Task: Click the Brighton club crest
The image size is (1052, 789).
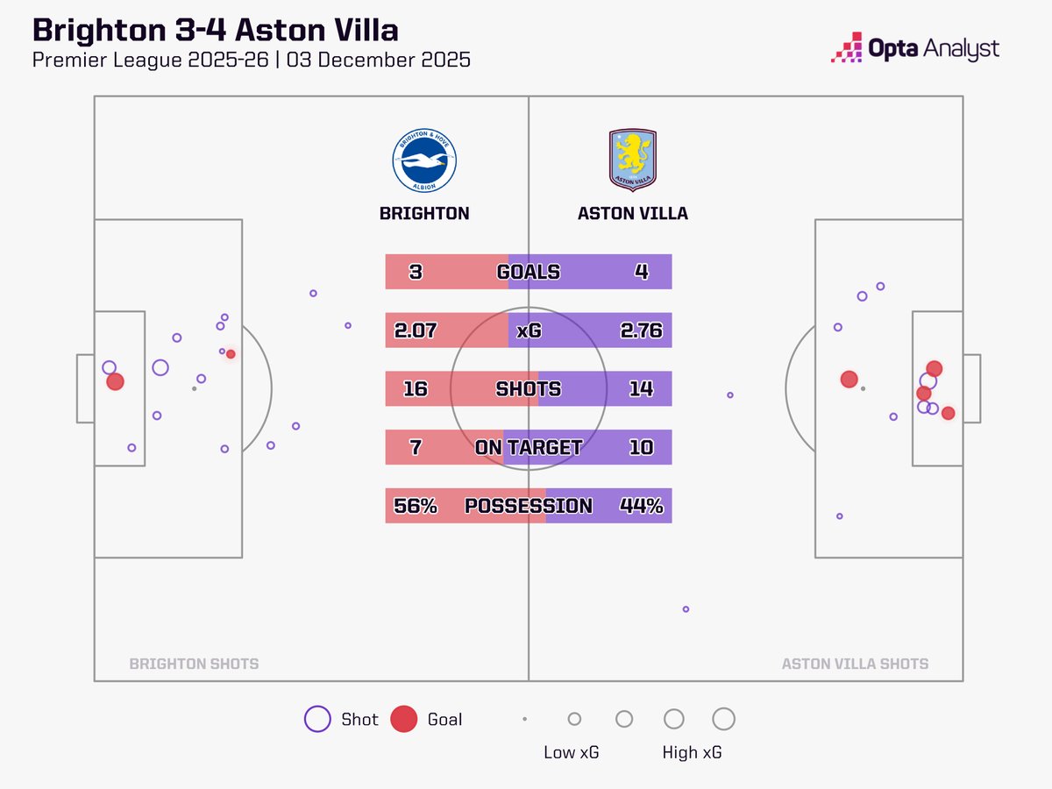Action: [424, 161]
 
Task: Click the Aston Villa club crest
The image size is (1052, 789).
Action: [632, 160]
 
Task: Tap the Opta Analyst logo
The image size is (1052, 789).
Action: [914, 48]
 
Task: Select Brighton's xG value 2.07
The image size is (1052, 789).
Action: [416, 331]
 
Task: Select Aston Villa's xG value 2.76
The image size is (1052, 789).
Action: [641, 331]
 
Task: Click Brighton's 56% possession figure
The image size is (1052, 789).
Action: [416, 506]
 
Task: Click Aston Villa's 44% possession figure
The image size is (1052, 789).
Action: [641, 506]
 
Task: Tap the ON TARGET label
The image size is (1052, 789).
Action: [528, 447]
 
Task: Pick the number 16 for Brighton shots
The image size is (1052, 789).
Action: [416, 388]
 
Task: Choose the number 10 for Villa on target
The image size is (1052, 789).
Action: [641, 447]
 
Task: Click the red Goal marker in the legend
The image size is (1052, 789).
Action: [404, 719]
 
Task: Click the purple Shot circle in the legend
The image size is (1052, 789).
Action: [316, 719]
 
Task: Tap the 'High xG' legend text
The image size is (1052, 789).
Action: [693, 752]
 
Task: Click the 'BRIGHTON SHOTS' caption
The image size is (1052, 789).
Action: [194, 664]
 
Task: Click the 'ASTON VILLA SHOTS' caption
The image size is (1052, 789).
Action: [855, 664]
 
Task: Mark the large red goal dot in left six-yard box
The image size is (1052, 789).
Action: [115, 381]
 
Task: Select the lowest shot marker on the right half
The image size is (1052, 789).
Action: [686, 608]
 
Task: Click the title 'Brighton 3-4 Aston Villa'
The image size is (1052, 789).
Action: [216, 30]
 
